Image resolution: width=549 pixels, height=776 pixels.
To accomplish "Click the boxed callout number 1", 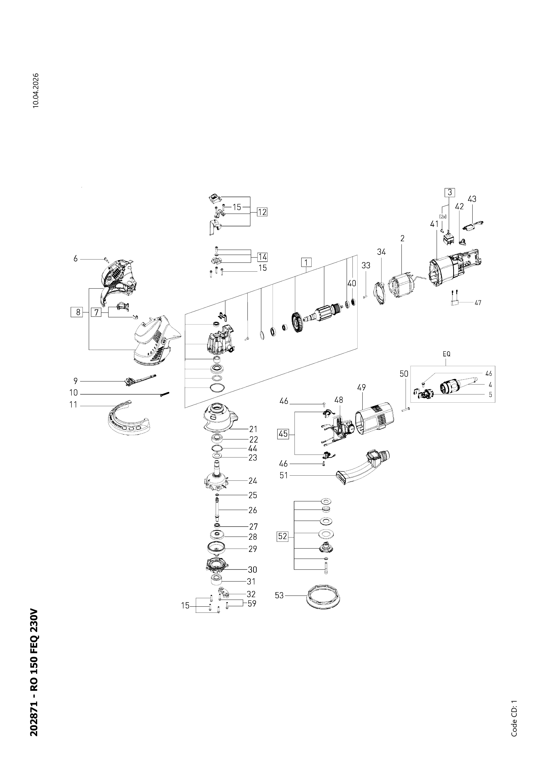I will pos(306,262).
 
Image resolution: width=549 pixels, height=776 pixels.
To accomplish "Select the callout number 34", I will pos(381,252).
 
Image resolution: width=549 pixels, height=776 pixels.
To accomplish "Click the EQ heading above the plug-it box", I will pos(446,354).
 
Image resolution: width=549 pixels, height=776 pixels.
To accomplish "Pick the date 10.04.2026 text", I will pos(36,90).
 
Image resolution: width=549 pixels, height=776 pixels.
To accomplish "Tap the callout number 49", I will pos(361,387).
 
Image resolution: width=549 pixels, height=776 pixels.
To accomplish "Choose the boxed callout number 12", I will pos(262,212).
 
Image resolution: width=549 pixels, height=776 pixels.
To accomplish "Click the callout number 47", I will pos(478,302).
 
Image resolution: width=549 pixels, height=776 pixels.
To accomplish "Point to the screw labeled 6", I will pos(106,260).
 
